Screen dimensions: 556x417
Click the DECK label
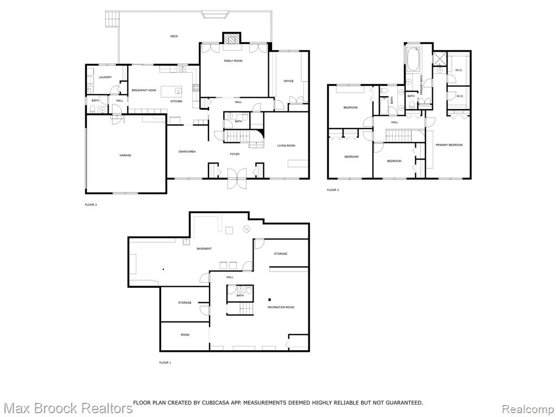pos(174,36)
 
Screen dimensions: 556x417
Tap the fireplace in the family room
pos(231,38)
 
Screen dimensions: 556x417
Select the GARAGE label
pos(125,155)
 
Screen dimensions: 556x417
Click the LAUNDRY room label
pos(105,77)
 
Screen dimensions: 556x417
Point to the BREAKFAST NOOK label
pos(144,91)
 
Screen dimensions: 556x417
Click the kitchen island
pos(172,91)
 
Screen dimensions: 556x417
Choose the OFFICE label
pos(289,81)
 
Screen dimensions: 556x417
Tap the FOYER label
pos(235,154)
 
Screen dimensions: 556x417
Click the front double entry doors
pos(237,179)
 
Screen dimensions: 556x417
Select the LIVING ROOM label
pos(286,146)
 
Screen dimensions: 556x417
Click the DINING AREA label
pos(187,152)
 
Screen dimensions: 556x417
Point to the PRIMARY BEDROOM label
pos(449,145)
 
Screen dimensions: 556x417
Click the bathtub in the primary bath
pos(413,59)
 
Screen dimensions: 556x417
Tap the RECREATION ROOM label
pos(281,307)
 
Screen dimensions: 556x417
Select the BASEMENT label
pos(204,249)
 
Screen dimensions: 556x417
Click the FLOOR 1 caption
pos(165,363)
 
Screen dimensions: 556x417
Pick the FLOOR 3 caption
pos(333,190)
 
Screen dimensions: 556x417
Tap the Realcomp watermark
pos(528,409)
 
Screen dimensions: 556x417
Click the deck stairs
pos(112,18)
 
